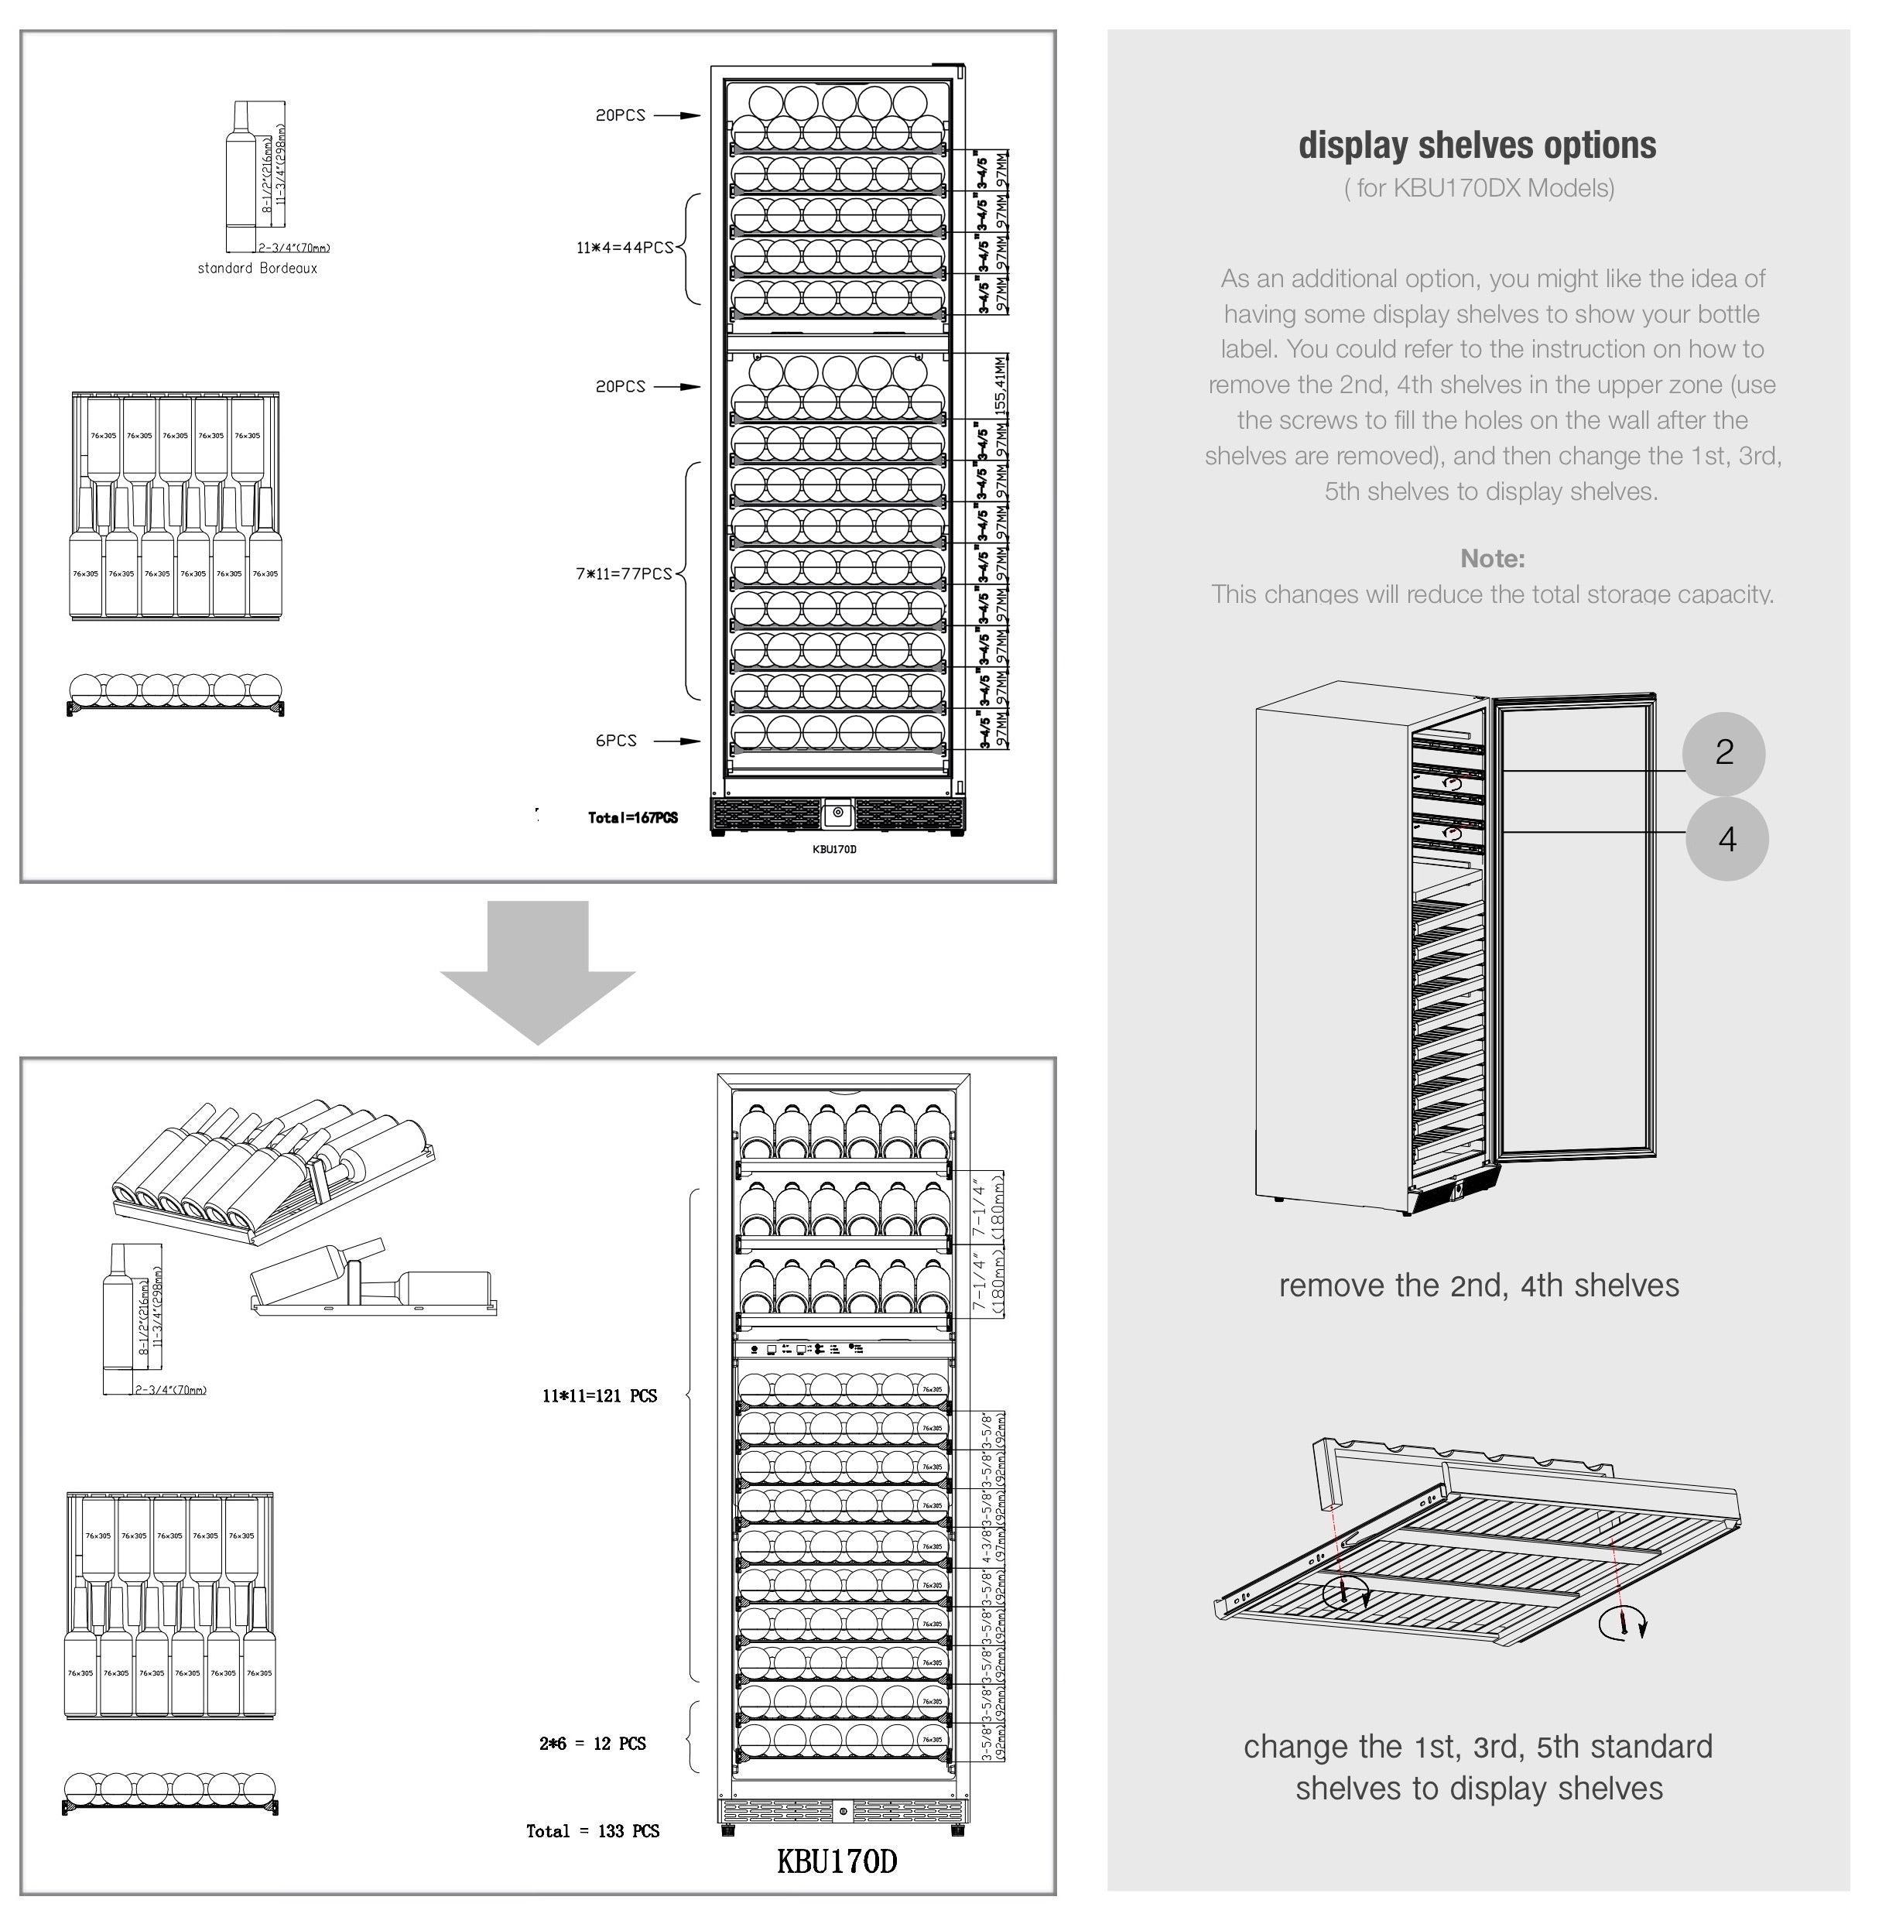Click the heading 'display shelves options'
tap(1477, 145)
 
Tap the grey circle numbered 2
tap(1723, 752)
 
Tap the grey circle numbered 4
tap(1726, 840)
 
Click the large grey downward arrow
tap(538, 972)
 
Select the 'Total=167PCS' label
tap(632, 817)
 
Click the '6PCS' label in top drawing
tap(616, 740)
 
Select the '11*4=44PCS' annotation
tap(624, 247)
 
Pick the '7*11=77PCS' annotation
tap(624, 573)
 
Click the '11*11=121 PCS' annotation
tap(599, 1396)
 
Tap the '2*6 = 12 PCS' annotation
tap(592, 1744)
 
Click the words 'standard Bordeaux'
tap(257, 268)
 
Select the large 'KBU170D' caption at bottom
tap(837, 1861)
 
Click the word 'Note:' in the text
tap(1492, 559)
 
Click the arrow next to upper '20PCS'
tap(676, 115)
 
